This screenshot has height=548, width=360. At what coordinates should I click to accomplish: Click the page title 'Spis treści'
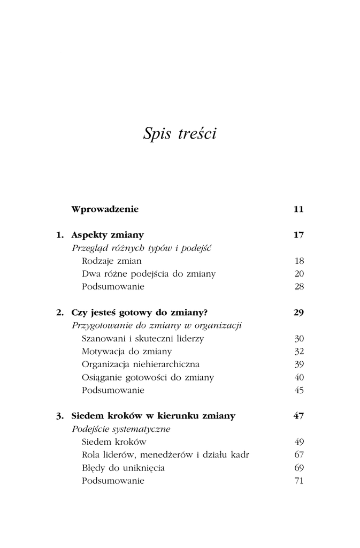click(x=180, y=134)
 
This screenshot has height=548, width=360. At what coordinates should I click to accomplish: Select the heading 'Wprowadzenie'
click(x=105, y=209)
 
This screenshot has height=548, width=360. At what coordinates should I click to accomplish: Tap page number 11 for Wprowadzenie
click(x=298, y=209)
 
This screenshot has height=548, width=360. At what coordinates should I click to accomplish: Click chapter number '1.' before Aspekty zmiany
click(x=60, y=234)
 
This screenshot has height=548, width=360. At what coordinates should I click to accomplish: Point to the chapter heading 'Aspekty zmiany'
click(x=108, y=234)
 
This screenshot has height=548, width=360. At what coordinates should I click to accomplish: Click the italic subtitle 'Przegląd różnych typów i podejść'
click(x=142, y=248)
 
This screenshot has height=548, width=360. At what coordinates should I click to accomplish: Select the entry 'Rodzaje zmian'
click(x=112, y=261)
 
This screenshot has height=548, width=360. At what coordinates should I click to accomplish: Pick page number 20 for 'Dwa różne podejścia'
click(x=299, y=273)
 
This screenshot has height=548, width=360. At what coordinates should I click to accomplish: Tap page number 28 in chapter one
click(x=299, y=286)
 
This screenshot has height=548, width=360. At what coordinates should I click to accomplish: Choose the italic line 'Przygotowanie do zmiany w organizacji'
click(x=157, y=325)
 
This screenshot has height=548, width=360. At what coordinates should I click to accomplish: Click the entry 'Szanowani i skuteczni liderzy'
click(x=143, y=338)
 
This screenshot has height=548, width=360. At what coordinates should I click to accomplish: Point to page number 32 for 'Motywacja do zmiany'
click(x=299, y=352)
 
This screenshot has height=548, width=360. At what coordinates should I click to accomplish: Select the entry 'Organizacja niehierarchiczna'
click(x=141, y=364)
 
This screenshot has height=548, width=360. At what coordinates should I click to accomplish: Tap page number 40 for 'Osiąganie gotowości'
click(x=299, y=377)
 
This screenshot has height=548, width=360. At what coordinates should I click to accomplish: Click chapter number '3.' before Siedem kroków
click(x=60, y=416)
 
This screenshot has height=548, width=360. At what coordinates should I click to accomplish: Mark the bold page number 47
click(x=298, y=416)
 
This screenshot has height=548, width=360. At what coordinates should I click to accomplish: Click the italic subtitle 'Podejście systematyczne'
click(x=121, y=429)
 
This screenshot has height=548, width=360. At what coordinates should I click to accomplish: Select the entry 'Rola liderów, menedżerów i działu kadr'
click(x=166, y=455)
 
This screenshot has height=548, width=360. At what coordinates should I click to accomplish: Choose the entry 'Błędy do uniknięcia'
click(x=124, y=468)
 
